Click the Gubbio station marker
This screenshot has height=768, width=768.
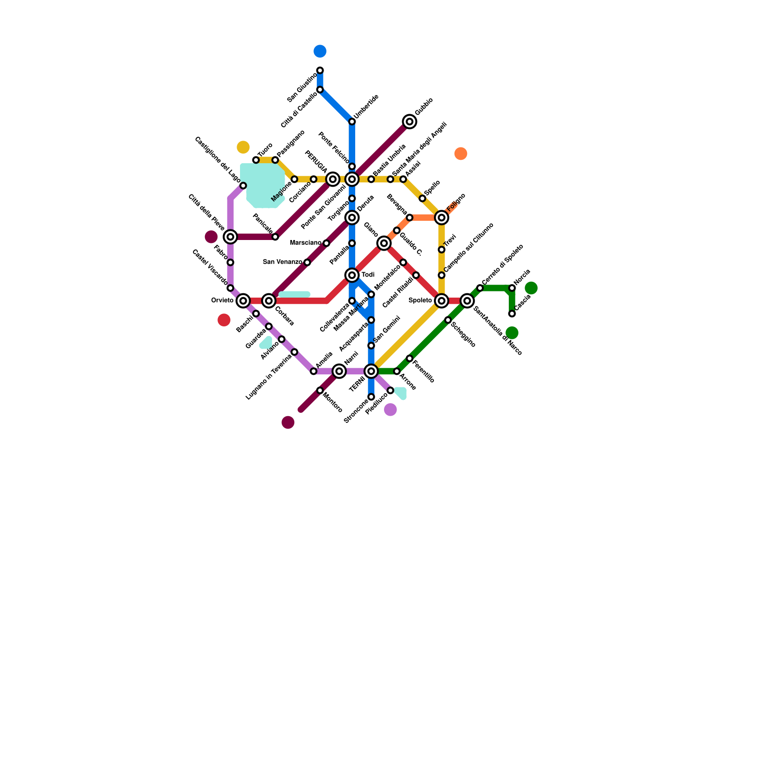point(409,121)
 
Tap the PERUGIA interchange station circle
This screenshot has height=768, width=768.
point(333,179)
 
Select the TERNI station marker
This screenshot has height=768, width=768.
point(371,371)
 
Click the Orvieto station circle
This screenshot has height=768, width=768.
point(243,300)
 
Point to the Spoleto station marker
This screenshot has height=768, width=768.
point(442,300)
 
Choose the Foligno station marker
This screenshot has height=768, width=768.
point(442,217)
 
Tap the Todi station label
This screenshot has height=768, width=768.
point(368,275)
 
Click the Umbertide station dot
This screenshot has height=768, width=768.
point(352,121)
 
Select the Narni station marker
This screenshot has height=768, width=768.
point(339,371)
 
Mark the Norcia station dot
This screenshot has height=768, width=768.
point(512,288)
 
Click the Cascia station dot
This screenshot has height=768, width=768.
point(512,313)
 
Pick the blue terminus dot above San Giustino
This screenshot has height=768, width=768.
point(320,51)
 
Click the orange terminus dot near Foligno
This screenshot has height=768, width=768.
point(461,154)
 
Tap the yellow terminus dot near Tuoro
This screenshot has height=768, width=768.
point(243,147)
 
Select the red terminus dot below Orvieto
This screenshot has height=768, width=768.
point(224,320)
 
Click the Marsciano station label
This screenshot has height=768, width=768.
point(306,243)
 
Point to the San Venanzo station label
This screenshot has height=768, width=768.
point(283,262)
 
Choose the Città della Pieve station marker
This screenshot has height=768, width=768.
point(230,237)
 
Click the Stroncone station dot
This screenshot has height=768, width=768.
point(371,397)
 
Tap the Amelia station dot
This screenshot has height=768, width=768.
point(313,371)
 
